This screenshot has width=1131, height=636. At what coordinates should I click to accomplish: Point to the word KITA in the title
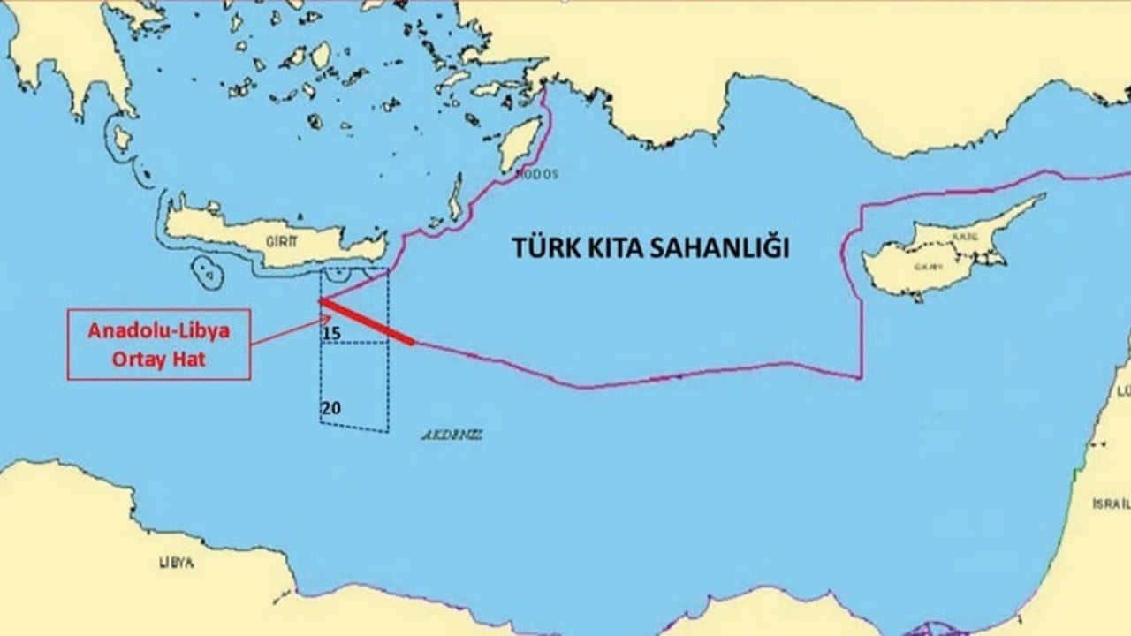(620, 248)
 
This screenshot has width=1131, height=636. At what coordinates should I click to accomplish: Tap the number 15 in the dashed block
(331, 333)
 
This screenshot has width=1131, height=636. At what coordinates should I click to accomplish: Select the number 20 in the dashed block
(331, 408)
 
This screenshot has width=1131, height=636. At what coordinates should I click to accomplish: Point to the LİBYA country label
(176, 562)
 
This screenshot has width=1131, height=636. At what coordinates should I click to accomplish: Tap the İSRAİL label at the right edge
(1111, 503)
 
